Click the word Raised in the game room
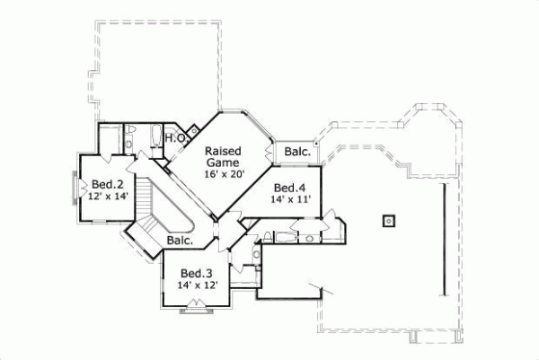(x=221, y=150)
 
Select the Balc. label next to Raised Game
(x=297, y=153)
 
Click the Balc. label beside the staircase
(x=181, y=241)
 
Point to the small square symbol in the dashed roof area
(x=387, y=219)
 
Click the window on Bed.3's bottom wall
(x=195, y=310)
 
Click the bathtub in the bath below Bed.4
(x=280, y=238)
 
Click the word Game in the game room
(x=222, y=162)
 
